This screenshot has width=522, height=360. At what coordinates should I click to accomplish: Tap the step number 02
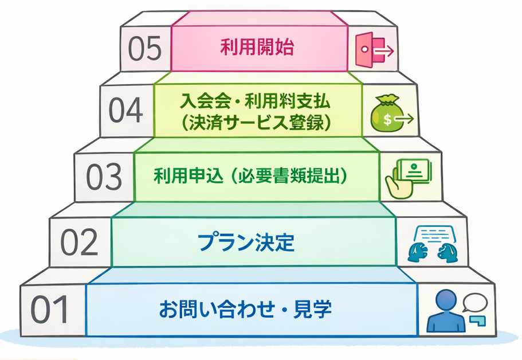(80, 242)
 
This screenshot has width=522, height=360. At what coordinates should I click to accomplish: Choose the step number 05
(146, 49)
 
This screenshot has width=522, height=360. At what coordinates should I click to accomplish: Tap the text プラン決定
(246, 243)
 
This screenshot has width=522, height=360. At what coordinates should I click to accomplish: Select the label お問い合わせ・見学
(245, 310)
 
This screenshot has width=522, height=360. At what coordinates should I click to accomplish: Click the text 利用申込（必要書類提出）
(251, 175)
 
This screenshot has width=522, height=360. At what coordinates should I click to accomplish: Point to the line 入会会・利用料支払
(255, 103)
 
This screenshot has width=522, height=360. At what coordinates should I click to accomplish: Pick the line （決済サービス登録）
(255, 122)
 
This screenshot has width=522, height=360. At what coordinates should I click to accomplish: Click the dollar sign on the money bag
(387, 120)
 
